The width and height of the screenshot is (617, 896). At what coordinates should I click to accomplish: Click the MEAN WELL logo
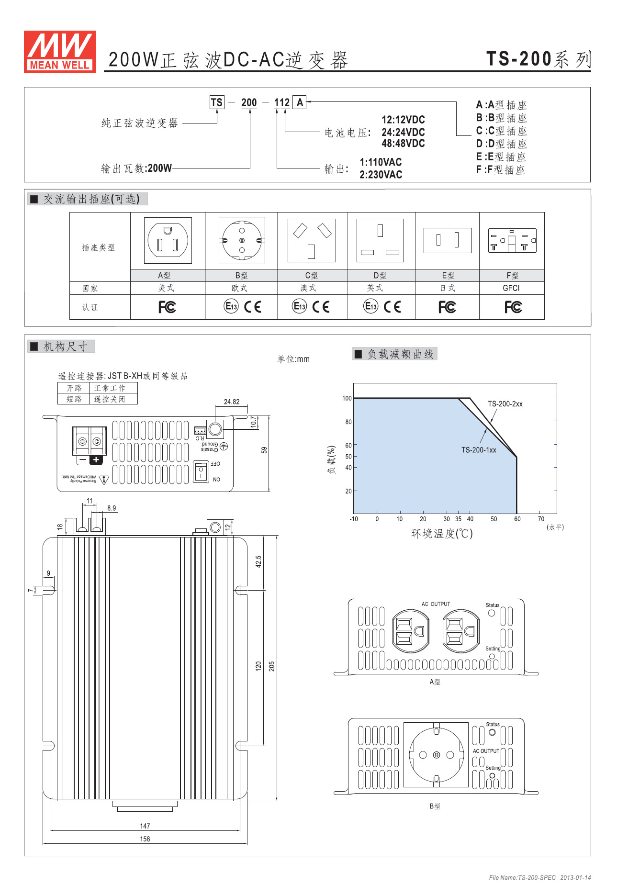60,52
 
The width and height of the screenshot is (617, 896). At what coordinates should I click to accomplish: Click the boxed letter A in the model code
300,102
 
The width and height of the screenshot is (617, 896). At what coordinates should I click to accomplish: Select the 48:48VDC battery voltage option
403,144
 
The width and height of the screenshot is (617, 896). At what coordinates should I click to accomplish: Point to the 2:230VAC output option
381,175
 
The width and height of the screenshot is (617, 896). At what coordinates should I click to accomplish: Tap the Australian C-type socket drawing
312,240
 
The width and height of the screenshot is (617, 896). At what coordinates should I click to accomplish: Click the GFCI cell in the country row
511,288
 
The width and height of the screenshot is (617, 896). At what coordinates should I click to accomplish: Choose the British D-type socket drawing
380,240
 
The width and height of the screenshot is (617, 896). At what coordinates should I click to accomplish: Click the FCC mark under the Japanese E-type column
447,307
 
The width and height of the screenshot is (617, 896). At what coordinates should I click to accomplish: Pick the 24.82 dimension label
232,402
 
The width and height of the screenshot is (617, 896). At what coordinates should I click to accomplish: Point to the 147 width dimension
145,826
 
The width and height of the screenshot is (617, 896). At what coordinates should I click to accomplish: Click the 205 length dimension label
271,666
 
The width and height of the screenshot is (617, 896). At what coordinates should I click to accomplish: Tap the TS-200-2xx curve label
505,404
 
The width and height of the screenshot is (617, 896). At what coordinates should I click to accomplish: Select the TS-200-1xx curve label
479,450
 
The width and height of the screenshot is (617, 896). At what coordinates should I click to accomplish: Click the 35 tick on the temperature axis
459,519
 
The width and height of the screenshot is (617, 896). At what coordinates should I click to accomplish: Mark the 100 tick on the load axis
347,398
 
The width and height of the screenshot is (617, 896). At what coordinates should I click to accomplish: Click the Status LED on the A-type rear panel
492,613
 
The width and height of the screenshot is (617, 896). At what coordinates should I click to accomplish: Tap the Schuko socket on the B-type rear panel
436,755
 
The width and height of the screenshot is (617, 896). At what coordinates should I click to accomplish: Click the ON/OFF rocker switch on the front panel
202,471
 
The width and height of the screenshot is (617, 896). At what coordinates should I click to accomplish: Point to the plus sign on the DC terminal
96,460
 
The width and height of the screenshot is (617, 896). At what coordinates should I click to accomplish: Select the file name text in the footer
522,878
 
